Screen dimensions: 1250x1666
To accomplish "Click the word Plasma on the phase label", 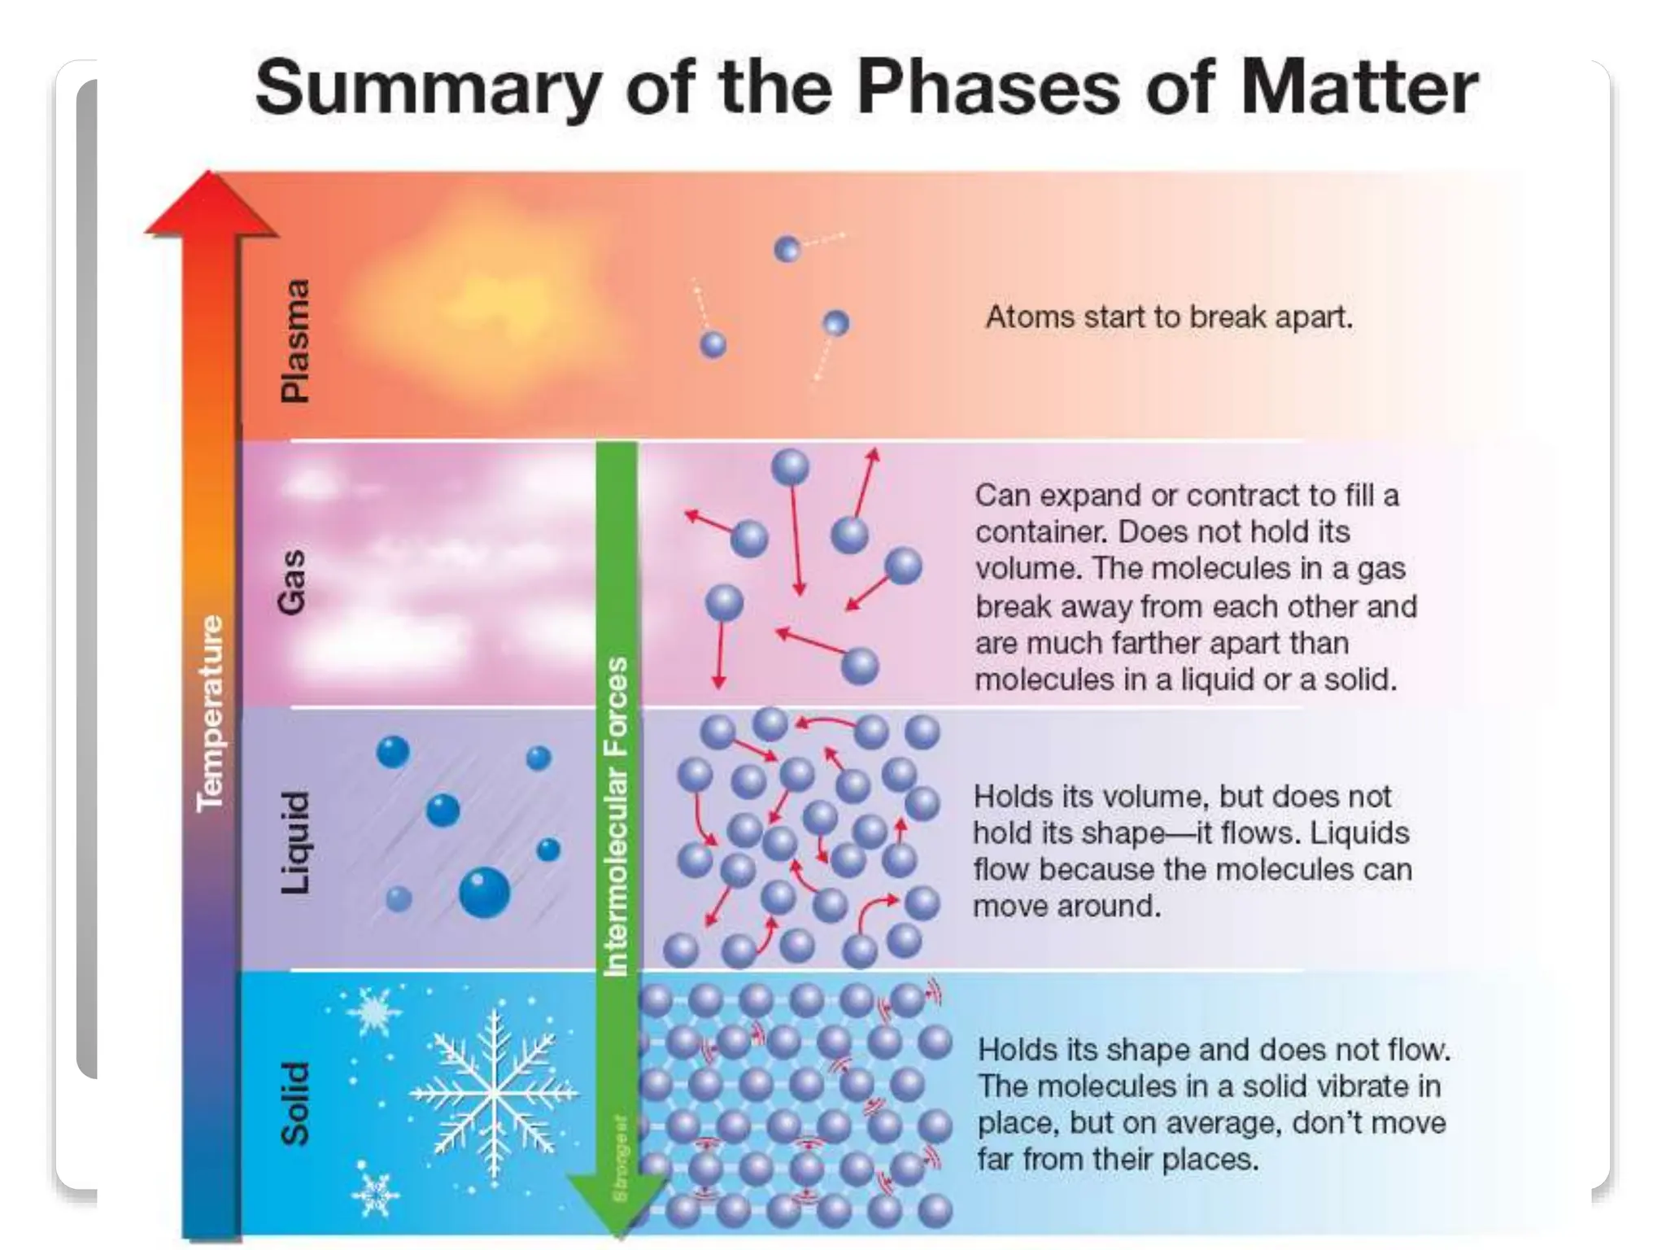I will (294, 341).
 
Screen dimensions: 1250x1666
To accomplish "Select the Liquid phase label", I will (294, 842).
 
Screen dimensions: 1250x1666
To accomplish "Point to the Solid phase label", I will (294, 1104).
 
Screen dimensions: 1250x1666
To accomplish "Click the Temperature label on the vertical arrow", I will (210, 713).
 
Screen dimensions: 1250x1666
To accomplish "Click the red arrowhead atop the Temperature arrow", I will (210, 204).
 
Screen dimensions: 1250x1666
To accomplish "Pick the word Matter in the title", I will (1359, 88).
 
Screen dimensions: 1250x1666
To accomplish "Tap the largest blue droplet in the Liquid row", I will (484, 893).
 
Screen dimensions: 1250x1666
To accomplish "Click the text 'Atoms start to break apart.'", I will (1169, 317).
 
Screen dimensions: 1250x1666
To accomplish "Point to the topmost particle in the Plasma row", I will (787, 249).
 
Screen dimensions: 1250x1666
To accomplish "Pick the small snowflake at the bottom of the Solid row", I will (375, 1195).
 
